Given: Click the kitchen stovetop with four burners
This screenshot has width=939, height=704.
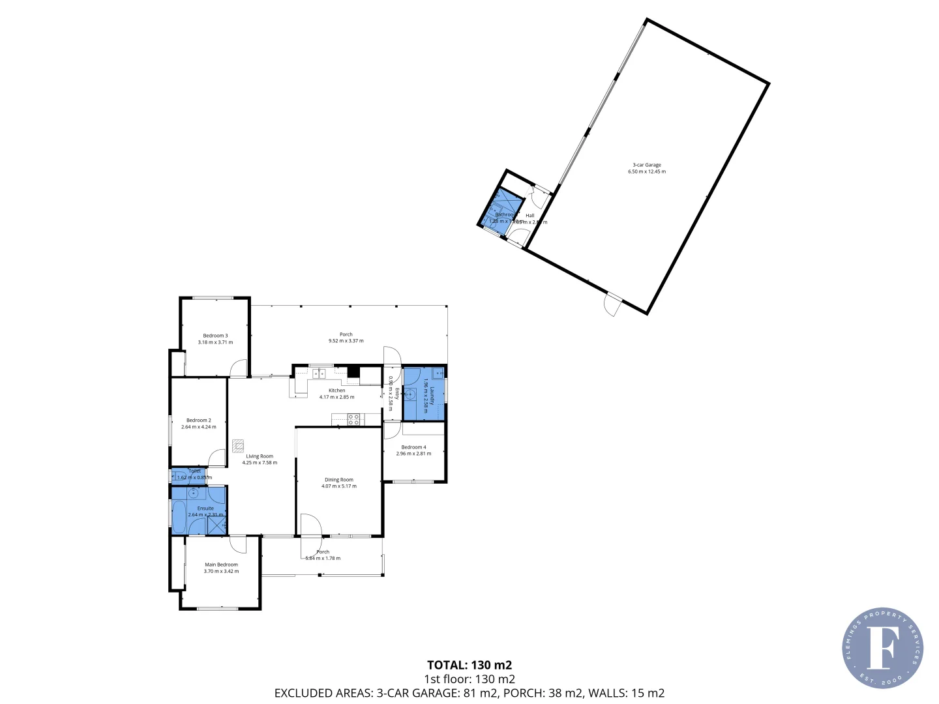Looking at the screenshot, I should tap(353, 419).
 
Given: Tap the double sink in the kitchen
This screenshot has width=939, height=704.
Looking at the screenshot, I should tap(318, 374).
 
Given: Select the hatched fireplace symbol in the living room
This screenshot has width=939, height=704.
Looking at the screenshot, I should tap(238, 446).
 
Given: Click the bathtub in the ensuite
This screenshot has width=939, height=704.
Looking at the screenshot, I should tap(178, 515).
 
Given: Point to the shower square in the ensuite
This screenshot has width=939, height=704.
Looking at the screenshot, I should tap(217, 525).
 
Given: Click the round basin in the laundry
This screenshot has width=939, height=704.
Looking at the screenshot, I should tap(411, 394).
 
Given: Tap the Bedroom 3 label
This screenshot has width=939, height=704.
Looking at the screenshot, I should tap(215, 336).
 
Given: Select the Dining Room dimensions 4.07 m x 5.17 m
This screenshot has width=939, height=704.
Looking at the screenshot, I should tap(339, 486).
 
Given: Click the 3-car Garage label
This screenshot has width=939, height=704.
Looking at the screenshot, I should tap(647, 165).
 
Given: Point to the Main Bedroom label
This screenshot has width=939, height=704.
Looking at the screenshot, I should tap(221, 565).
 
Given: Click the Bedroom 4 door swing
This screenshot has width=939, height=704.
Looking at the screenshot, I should tap(391, 430).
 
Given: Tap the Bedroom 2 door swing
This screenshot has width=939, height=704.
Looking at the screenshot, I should tap(216, 458).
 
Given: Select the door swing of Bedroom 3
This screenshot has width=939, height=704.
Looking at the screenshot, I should tap(239, 368).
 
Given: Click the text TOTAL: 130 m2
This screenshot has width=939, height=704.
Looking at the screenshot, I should tap(469, 665).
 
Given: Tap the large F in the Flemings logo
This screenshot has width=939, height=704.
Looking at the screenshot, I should tap(882, 647).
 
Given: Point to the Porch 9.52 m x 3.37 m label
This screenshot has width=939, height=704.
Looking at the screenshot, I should tap(346, 338).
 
